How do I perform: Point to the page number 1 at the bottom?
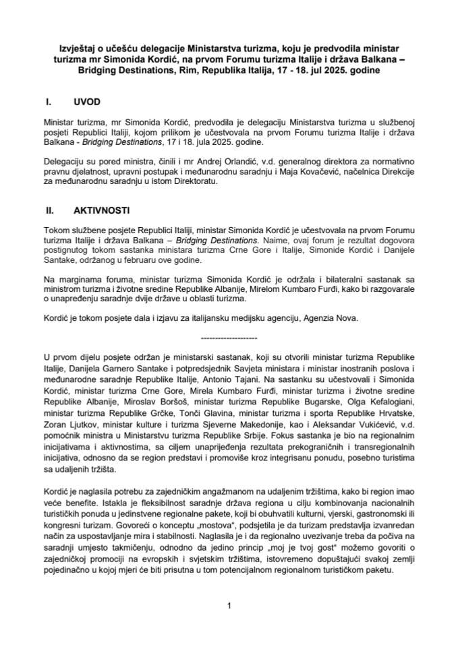tap(229, 605)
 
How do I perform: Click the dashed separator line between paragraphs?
tap(229, 336)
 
